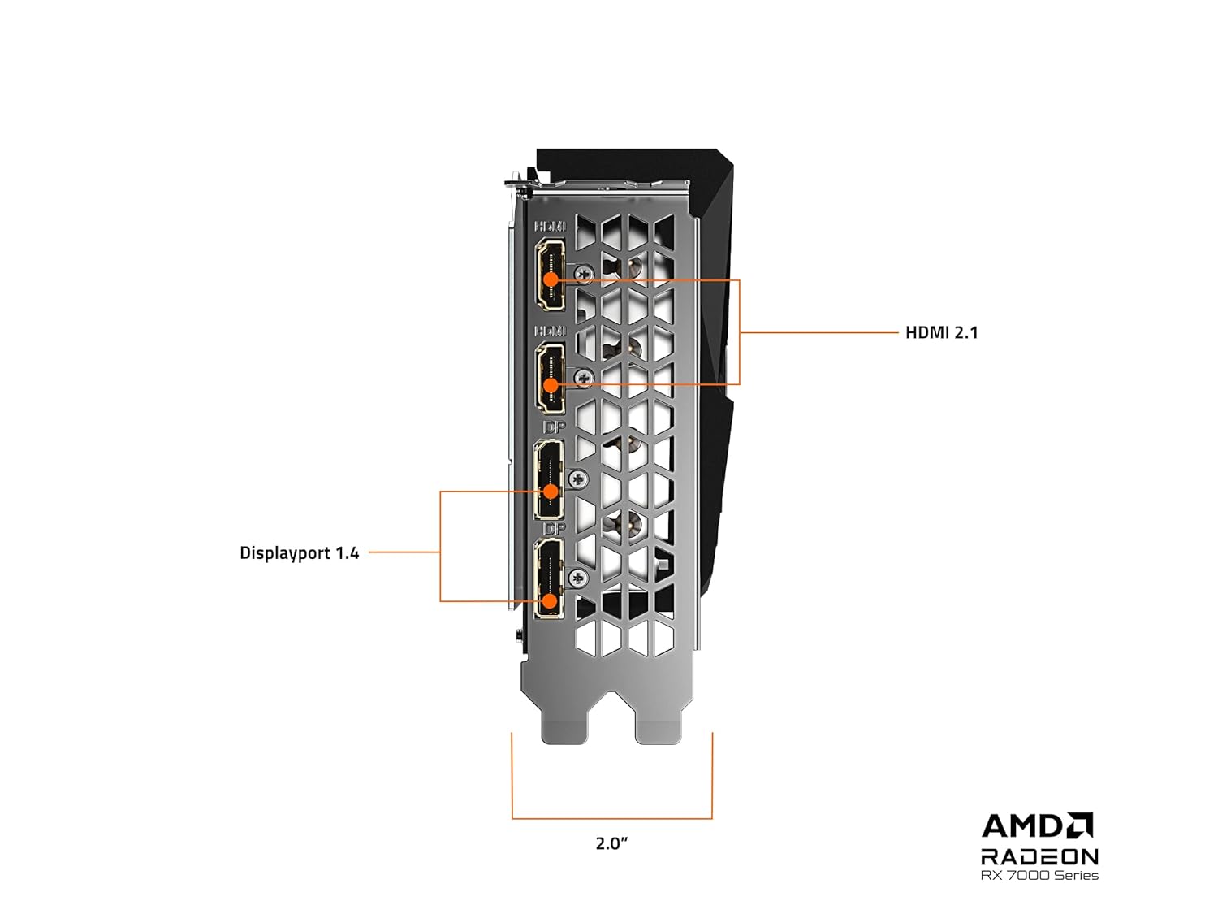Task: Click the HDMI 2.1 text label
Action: (x=942, y=332)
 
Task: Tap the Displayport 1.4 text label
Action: (x=299, y=552)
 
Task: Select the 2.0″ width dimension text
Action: (x=611, y=843)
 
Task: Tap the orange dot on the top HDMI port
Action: (x=551, y=279)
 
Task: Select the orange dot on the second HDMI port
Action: (x=551, y=384)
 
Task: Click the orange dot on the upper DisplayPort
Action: (x=551, y=492)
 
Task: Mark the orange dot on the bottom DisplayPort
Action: (x=550, y=601)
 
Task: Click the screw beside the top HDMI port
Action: (x=583, y=273)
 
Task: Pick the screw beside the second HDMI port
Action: (x=583, y=378)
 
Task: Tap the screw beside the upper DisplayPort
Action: (x=578, y=479)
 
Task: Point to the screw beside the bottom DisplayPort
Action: (x=578, y=578)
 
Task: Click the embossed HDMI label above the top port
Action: (x=551, y=226)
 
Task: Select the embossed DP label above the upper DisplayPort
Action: (x=554, y=428)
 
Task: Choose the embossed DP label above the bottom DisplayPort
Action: (x=554, y=529)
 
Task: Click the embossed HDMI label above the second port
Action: (x=551, y=331)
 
